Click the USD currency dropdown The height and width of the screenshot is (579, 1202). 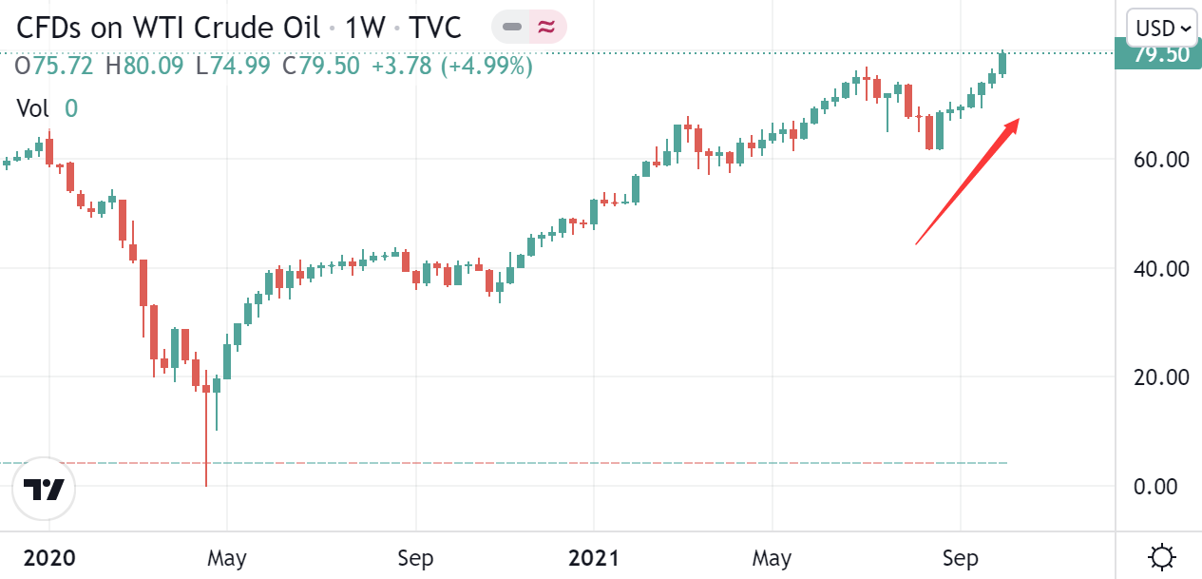click(1163, 28)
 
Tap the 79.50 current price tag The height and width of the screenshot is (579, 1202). click(1161, 54)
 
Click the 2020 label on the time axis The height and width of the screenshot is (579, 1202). click(48, 557)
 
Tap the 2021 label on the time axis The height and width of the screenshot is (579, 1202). click(593, 557)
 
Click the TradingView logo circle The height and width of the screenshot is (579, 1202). click(44, 490)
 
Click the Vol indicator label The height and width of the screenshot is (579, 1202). click(33, 108)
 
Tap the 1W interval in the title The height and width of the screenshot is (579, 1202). click(364, 28)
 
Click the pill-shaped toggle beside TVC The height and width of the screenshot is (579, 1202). click(528, 28)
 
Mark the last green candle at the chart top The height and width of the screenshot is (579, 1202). click(1002, 63)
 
